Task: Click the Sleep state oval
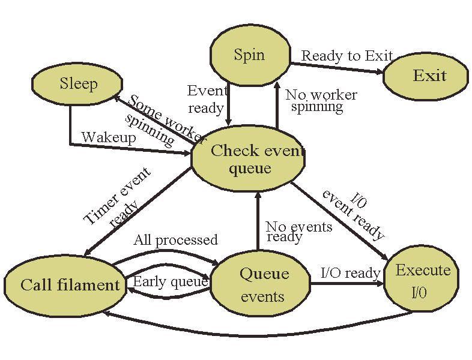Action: point(77,84)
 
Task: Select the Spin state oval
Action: point(250,56)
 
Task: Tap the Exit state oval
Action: point(429,76)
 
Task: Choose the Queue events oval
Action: point(261,285)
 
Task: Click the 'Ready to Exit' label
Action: point(346,56)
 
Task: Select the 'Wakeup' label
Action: point(109,137)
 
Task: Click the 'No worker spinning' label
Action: point(319,101)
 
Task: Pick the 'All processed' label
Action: point(175,240)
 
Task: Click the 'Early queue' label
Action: point(170,281)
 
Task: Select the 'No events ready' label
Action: point(297,232)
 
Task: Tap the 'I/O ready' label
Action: point(350,273)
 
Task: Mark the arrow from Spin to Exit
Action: point(336,67)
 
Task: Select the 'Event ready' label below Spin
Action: point(207,99)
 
